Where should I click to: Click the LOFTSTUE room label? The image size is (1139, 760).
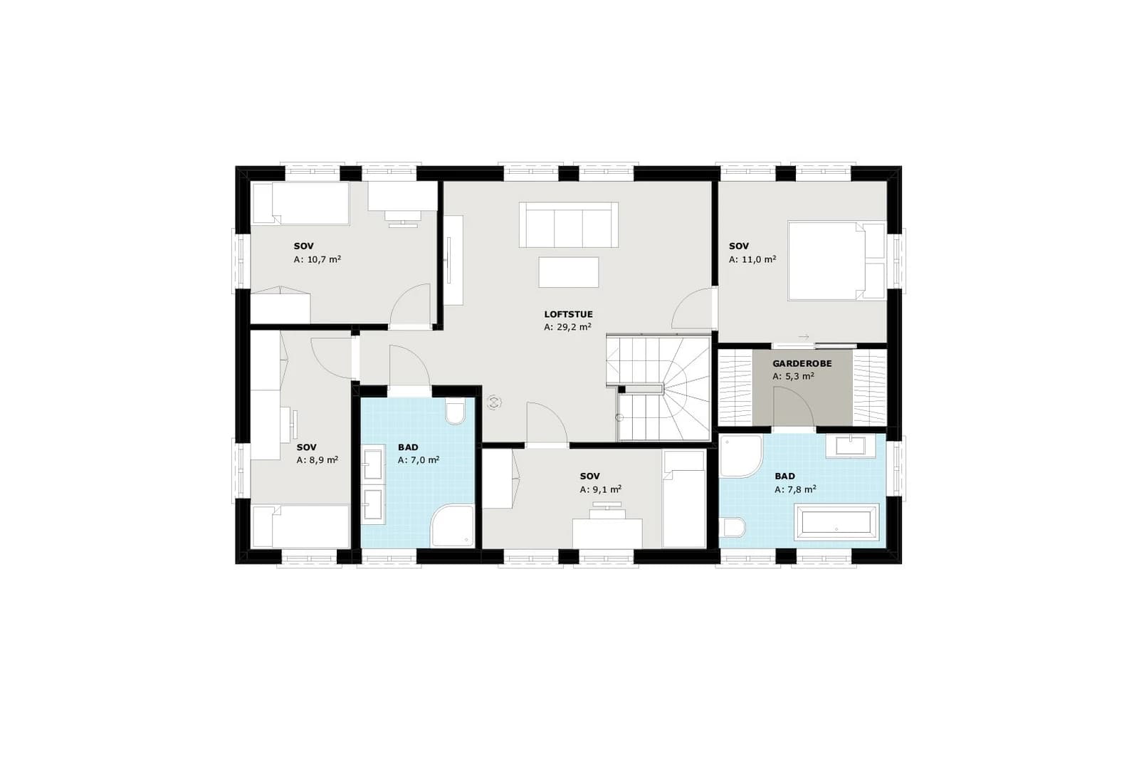(x=568, y=314)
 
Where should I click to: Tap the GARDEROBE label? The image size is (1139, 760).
(x=802, y=364)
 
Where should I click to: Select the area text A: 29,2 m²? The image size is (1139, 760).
(x=567, y=327)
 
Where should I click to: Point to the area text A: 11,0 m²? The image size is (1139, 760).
(x=752, y=259)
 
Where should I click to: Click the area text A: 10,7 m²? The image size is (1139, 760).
(x=317, y=259)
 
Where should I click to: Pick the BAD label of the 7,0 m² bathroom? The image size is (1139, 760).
(x=408, y=447)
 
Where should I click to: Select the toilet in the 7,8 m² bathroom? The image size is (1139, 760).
(x=733, y=527)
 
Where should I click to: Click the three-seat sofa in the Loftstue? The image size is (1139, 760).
(x=569, y=225)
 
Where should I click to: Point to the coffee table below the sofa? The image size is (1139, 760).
(x=569, y=272)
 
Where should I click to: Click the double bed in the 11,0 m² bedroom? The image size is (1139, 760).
(x=836, y=260)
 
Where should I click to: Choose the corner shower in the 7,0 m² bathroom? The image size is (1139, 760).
(x=452, y=526)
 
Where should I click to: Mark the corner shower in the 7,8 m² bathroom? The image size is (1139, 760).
(x=740, y=457)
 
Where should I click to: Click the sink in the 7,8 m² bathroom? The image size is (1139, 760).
(x=851, y=446)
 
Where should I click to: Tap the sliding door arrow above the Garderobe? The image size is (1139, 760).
(x=804, y=337)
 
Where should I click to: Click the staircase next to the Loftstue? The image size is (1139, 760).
(x=658, y=387)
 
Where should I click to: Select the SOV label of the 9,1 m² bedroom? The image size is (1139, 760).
(x=589, y=476)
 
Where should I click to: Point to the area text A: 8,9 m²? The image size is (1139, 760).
(x=317, y=460)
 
